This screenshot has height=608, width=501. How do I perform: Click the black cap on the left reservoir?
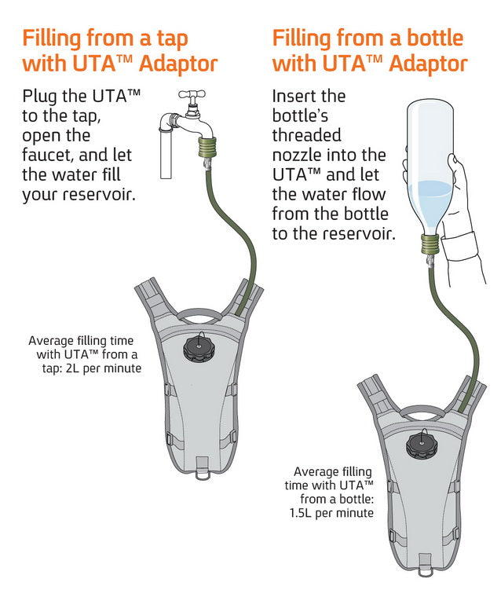pos(198,349)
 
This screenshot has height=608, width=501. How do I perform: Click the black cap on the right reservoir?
pos(421,444)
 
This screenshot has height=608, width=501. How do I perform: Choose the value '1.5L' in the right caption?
pos(305,513)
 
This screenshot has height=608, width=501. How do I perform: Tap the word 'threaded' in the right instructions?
pos(307,135)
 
